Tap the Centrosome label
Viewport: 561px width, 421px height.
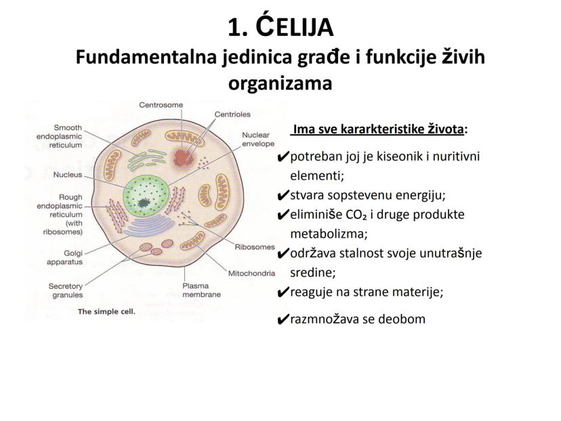click(x=161, y=105)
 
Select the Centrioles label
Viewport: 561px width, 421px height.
click(x=232, y=115)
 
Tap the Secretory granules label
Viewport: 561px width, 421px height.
click(x=65, y=290)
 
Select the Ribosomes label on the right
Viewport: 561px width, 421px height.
click(x=255, y=247)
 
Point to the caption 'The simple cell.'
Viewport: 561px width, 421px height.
click(x=107, y=313)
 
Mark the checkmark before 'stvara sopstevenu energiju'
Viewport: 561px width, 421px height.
click(x=283, y=197)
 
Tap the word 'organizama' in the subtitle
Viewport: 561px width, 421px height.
click(x=280, y=84)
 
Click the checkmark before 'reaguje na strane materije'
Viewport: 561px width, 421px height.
click(x=283, y=294)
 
